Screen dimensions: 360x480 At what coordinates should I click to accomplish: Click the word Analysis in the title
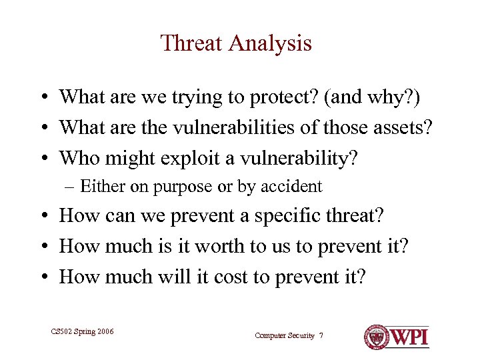click(271, 43)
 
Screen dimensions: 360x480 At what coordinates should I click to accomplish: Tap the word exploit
click(192, 158)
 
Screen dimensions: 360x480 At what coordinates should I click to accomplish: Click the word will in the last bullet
click(175, 277)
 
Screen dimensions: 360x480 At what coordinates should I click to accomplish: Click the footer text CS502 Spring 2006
click(82, 331)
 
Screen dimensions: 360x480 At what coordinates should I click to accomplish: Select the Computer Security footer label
click(285, 335)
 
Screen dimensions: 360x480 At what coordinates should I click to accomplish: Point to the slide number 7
click(321, 335)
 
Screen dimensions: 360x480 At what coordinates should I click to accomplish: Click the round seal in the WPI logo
click(376, 336)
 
